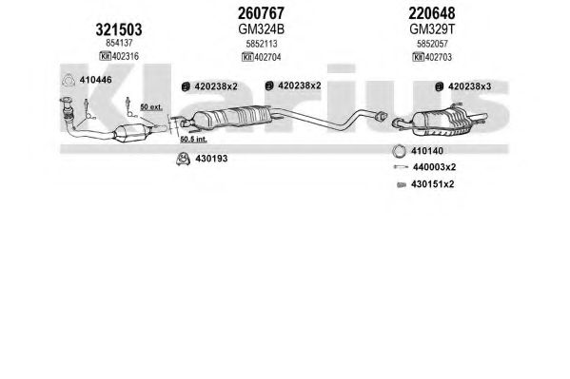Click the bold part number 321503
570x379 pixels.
tap(119, 29)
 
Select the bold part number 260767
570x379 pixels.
tap(261, 13)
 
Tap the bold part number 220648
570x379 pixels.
tap(432, 13)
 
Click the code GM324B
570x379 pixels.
tap(261, 29)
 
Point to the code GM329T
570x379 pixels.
tap(432, 29)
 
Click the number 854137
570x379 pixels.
tap(119, 43)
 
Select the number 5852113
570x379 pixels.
tap(262, 44)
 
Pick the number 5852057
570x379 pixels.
tap(432, 44)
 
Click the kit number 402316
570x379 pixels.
tap(126, 56)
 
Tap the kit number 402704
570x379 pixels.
tap(267, 57)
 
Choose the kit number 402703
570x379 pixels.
tap(439, 57)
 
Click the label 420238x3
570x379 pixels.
tap(470, 86)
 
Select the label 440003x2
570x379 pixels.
tap(435, 167)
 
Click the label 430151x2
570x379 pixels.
tap(433, 184)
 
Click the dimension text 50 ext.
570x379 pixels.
tap(151, 107)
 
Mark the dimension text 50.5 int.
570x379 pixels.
tap(194, 139)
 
